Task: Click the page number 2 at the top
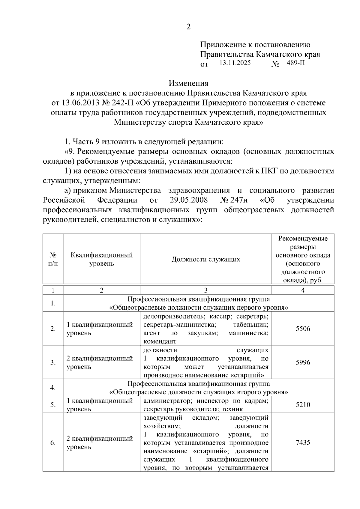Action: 188,27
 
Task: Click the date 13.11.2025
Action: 235,63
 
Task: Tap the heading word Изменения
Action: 188,83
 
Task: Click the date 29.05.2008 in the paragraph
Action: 187,200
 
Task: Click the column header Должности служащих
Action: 206,259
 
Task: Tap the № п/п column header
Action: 53,259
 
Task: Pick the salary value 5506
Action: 303,329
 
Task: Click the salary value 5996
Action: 303,362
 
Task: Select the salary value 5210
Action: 303,405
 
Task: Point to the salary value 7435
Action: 303,442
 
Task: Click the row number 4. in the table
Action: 53,388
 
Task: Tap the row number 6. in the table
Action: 53,442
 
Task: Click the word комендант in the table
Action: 160,341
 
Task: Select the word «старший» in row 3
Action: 249,375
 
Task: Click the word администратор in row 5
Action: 163,401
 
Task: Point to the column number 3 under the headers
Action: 206,290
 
